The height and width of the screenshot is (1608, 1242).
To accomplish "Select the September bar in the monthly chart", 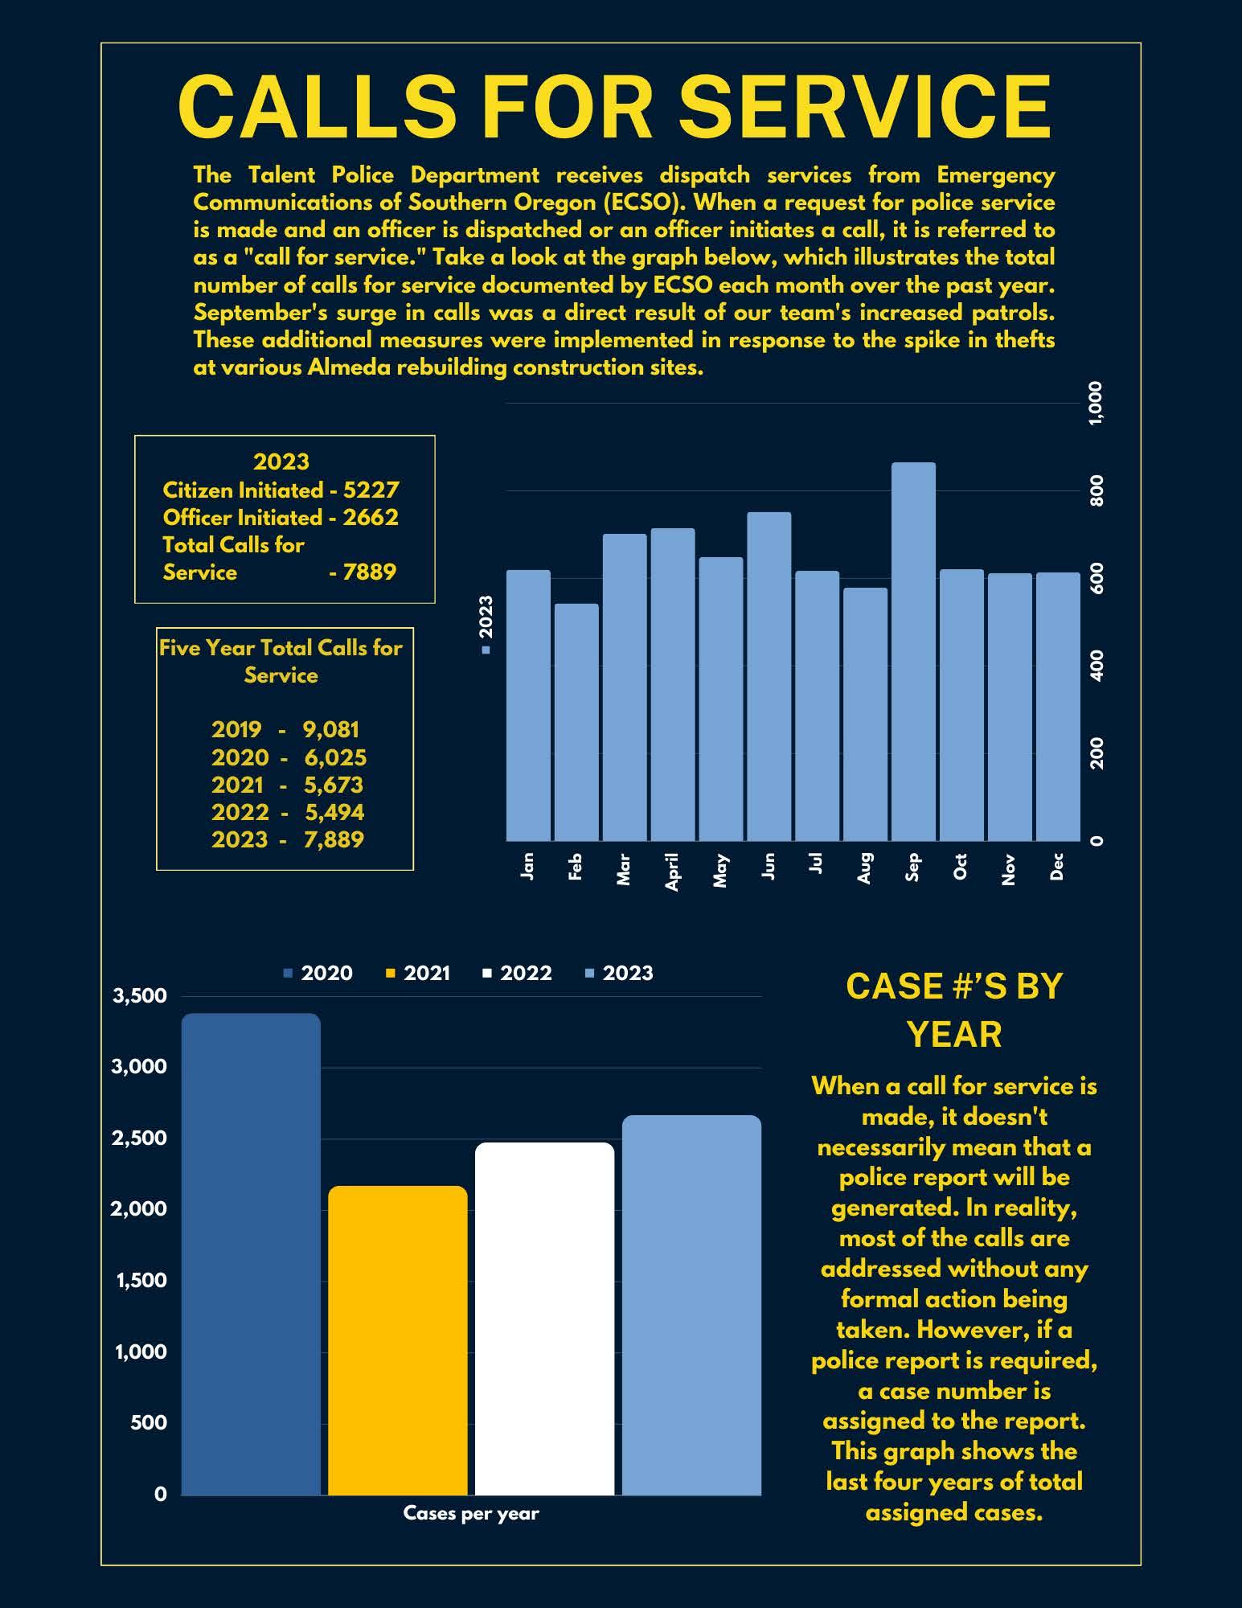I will point(913,651).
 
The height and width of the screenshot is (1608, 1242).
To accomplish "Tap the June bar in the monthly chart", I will point(769,675).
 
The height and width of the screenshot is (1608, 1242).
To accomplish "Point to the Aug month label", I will point(865,868).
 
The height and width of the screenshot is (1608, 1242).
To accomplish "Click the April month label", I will point(672,872).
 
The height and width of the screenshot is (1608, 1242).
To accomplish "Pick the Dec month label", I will point(1057,866).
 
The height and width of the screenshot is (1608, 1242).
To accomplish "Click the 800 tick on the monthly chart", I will point(1096,490).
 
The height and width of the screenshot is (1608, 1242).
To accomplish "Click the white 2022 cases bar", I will point(544,1319).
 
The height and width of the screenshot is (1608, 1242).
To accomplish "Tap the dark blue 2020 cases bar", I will point(251,1254).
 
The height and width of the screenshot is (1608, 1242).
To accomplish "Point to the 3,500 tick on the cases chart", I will point(140,996).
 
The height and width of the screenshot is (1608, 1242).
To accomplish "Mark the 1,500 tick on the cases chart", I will point(141,1281).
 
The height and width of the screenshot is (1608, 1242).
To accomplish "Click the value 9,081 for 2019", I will point(331,729).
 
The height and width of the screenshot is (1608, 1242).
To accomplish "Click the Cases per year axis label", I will point(471,1514).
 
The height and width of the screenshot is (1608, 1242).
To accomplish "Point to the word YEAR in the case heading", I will point(954,1035).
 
